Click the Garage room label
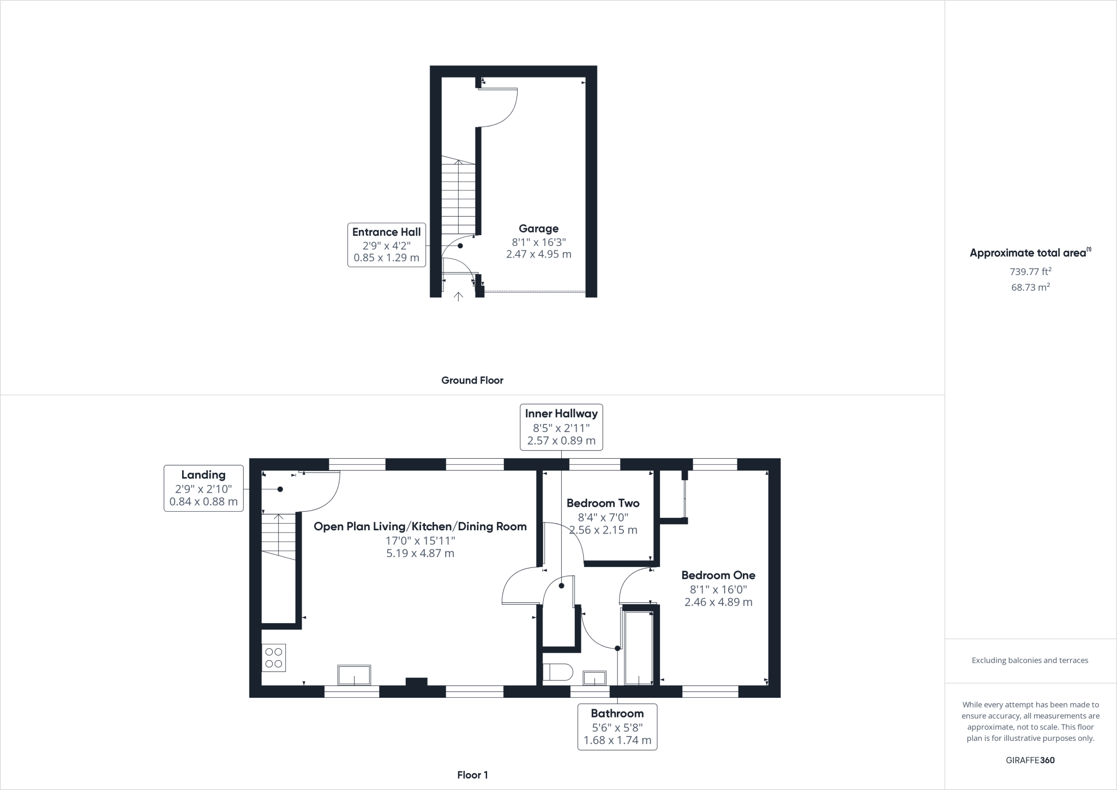(538, 229)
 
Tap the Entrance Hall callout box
(386, 244)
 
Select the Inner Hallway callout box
(561, 427)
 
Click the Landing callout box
(203, 488)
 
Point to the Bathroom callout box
(617, 727)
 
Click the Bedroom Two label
(603, 503)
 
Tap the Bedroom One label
(718, 575)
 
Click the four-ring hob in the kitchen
(274, 657)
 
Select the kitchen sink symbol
(354, 675)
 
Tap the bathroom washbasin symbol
(594, 678)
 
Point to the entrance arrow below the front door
(459, 296)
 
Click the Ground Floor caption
(472, 380)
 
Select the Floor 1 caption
(472, 775)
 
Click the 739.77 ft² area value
(1030, 271)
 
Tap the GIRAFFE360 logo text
(1030, 760)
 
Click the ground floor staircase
(459, 196)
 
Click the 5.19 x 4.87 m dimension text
(420, 553)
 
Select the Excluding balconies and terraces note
(1030, 660)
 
